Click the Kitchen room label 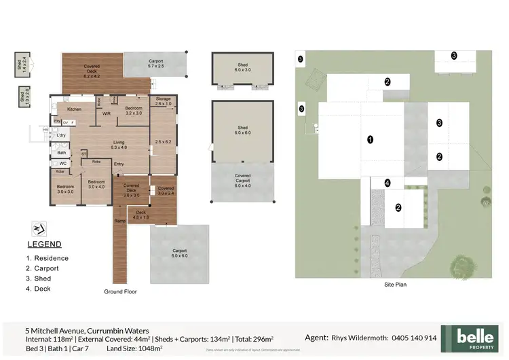click(x=74, y=109)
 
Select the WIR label click(x=107, y=114)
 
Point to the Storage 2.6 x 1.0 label click(x=163, y=102)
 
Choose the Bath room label click(x=61, y=153)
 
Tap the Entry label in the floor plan click(x=119, y=163)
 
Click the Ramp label click(x=120, y=221)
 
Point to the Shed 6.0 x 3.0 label click(x=242, y=68)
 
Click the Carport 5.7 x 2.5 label click(x=155, y=64)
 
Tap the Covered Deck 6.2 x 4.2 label click(x=92, y=69)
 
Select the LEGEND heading click(x=44, y=245)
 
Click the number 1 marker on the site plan click(x=370, y=139)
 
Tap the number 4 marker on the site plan click(x=388, y=183)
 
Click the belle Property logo click(x=470, y=338)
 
